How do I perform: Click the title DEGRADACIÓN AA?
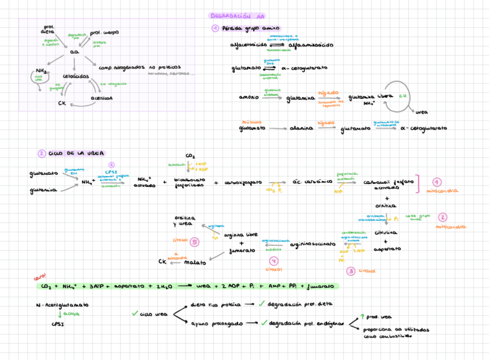click(236, 16)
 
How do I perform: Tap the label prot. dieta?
click(48, 29)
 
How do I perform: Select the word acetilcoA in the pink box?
click(101, 98)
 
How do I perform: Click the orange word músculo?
click(248, 122)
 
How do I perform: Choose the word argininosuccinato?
click(312, 244)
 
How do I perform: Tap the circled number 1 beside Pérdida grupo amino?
click(215, 28)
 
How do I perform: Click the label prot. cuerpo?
click(104, 33)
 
